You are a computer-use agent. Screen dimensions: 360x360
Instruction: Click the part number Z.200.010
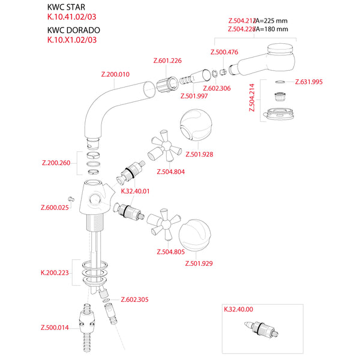click(x=115, y=74)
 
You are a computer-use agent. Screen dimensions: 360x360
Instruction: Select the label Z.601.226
click(x=167, y=61)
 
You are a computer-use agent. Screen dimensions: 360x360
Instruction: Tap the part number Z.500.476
click(x=225, y=52)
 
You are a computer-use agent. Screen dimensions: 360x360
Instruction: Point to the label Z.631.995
click(x=309, y=82)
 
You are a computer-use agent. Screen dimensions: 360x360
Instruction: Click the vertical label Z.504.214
click(x=251, y=98)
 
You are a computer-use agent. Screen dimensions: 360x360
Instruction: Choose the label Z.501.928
click(x=200, y=154)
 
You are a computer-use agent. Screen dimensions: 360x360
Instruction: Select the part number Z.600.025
click(x=55, y=208)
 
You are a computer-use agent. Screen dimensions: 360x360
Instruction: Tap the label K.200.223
click(x=55, y=272)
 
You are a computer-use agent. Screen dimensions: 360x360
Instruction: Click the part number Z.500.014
click(x=55, y=327)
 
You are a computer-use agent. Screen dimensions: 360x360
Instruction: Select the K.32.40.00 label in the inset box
click(x=238, y=310)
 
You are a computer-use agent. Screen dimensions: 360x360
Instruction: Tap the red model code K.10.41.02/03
click(x=71, y=18)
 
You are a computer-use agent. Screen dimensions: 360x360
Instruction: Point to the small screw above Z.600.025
click(x=70, y=199)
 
